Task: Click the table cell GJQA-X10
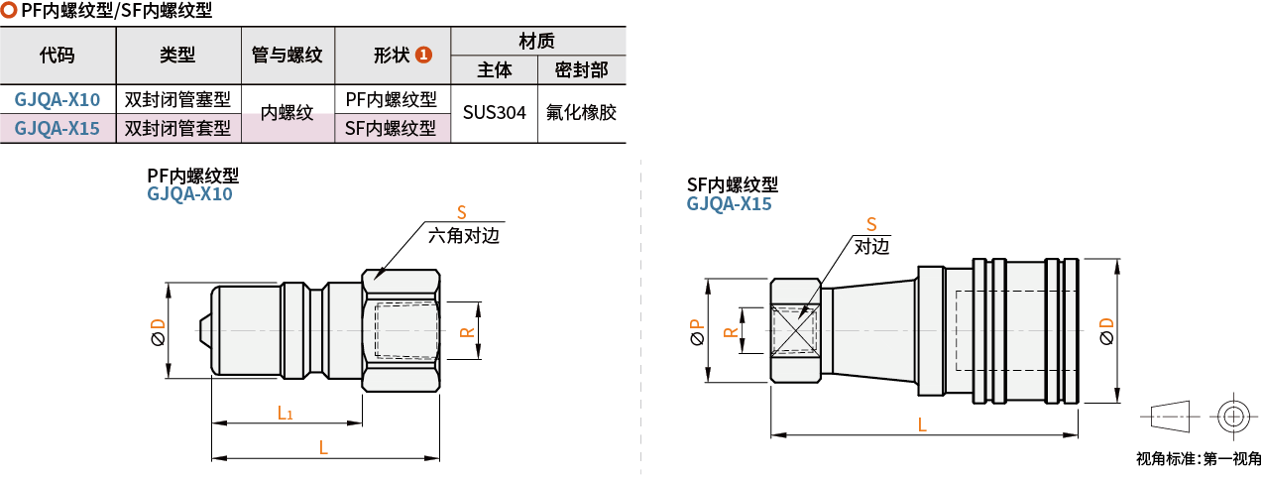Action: point(57,99)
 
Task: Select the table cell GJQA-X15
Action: point(57,128)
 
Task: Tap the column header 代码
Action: point(57,56)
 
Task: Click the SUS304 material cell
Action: point(495,113)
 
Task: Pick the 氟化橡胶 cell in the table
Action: point(581,113)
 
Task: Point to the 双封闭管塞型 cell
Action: point(177,99)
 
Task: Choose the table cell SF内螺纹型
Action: point(391,128)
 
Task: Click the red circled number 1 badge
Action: point(423,56)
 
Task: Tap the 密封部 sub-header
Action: point(581,70)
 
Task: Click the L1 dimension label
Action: point(285,412)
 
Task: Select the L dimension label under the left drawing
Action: point(323,446)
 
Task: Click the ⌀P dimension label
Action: point(696,330)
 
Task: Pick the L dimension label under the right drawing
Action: point(922,423)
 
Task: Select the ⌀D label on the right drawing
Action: point(1107,331)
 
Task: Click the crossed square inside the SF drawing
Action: point(796,329)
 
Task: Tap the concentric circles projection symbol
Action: point(1232,417)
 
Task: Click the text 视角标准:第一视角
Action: point(1198,459)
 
